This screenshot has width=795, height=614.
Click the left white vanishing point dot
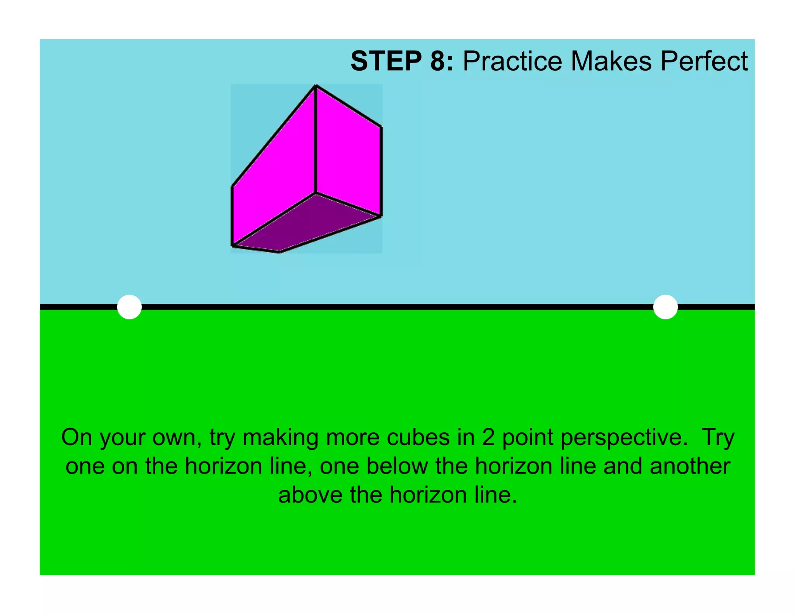coord(129,307)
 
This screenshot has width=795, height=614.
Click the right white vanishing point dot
coord(665,307)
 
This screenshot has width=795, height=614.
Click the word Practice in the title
coord(512,61)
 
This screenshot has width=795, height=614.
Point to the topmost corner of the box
coord(316,86)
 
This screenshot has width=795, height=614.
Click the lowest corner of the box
coord(280,252)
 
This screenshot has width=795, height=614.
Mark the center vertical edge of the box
coord(315,140)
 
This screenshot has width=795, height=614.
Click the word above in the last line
coord(311,495)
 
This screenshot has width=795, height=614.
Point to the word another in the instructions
coord(690,466)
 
